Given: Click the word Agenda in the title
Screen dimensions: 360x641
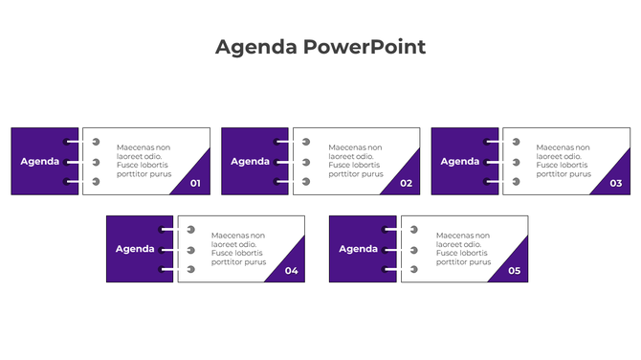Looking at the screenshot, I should click(x=256, y=47).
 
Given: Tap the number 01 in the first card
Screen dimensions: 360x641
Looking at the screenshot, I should click(x=195, y=183).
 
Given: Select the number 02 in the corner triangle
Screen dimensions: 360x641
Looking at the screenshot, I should click(x=406, y=183).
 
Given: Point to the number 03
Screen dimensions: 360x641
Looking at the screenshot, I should click(x=615, y=183).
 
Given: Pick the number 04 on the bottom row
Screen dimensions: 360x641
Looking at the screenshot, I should click(x=291, y=271).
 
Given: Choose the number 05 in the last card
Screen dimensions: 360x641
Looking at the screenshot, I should click(x=514, y=271).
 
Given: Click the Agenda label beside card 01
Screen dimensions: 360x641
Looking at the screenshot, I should click(x=40, y=161).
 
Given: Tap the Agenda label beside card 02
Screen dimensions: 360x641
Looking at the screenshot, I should click(x=250, y=161).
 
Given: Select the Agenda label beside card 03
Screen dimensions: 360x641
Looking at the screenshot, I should click(x=460, y=161).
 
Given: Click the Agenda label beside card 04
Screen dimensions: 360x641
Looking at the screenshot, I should click(x=135, y=249).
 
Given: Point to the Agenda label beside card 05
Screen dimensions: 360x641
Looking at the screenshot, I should click(x=359, y=249).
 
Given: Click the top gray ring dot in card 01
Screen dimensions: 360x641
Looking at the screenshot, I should click(x=96, y=142).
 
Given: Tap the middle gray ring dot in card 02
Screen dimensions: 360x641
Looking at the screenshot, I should click(x=306, y=161).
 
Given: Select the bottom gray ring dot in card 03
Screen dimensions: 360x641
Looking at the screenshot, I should click(x=516, y=181).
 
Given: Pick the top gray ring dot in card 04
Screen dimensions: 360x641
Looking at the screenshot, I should click(x=190, y=230).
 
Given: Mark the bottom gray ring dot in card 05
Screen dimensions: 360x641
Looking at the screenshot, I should click(x=413, y=269).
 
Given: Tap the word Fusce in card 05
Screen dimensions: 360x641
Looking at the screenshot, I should click(x=447, y=253).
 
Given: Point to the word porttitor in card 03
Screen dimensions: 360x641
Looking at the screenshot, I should click(x=553, y=174).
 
